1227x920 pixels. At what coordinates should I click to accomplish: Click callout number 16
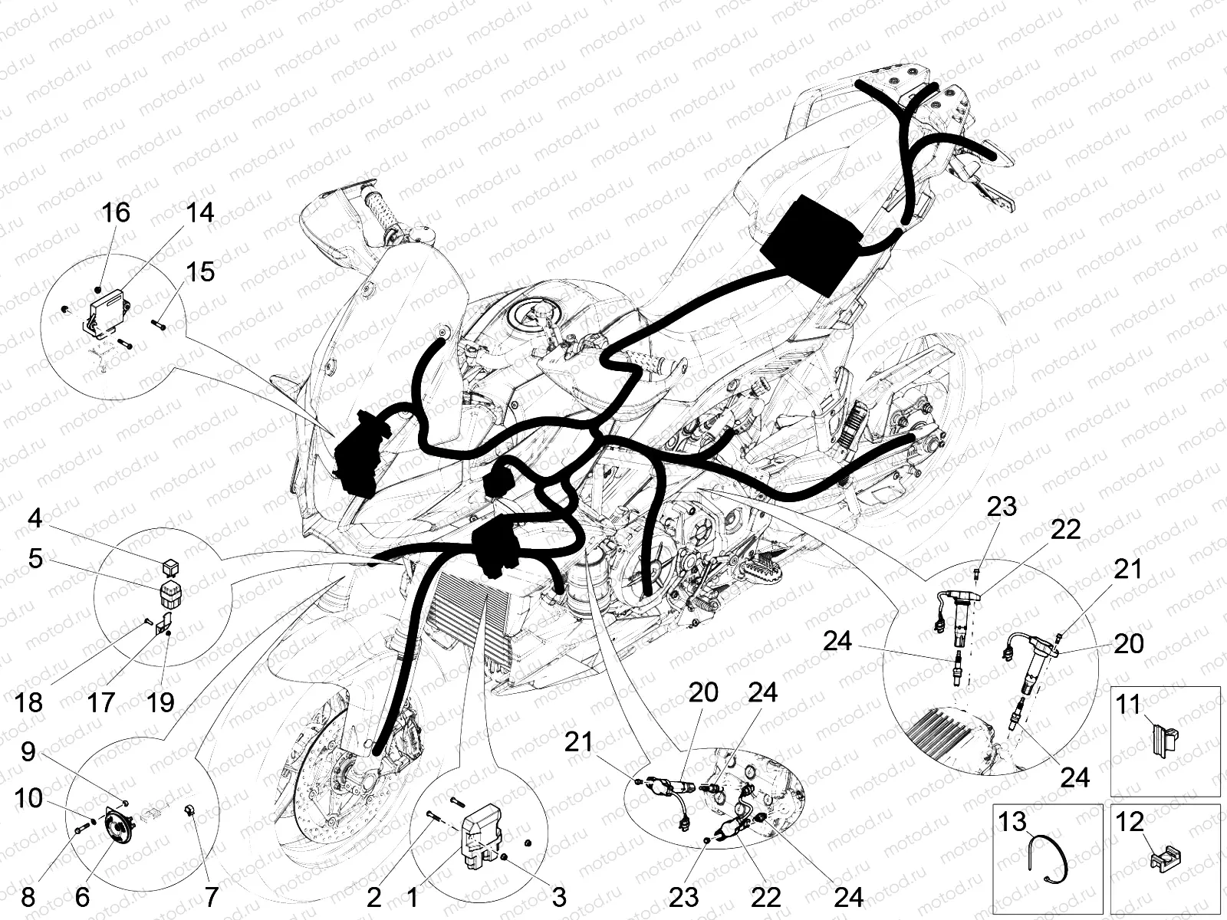116,213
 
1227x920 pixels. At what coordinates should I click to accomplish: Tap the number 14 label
199,213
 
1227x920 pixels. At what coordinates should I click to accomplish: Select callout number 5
35,558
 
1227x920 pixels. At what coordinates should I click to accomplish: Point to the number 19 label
160,701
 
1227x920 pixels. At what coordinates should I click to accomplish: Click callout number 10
28,798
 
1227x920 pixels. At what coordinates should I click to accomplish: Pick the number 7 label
210,897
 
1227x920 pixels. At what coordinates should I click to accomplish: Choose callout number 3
559,897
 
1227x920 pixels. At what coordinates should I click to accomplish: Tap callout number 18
28,702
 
